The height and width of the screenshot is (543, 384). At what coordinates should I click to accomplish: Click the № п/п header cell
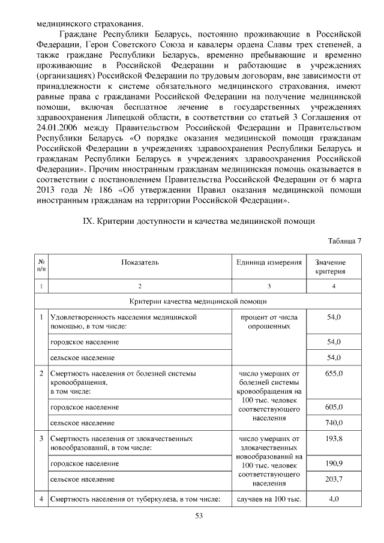coord(41,266)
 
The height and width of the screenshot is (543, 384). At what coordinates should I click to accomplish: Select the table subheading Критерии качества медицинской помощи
coord(199,301)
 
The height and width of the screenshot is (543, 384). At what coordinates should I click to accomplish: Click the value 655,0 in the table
coord(334,373)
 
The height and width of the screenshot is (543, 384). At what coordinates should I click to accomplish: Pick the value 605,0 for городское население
coord(334,407)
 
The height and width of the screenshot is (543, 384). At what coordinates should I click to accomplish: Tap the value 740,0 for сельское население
coord(334,422)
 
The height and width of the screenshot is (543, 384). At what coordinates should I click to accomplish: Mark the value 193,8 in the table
coord(334,439)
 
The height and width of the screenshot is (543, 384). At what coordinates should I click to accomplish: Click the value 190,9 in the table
coord(334,463)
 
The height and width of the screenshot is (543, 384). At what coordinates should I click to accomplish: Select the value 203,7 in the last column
coord(334,479)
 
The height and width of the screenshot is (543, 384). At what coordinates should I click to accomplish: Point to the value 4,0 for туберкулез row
coord(334,499)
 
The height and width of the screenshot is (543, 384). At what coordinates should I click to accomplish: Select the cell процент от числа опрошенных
coord(269,321)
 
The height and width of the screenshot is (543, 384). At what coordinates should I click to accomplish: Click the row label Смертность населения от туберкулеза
coord(136,499)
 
